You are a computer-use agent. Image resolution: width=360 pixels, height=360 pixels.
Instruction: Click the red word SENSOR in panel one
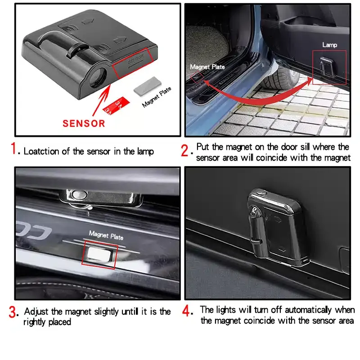[x=84, y=123]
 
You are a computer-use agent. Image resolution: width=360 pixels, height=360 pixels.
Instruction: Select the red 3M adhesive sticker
[x=116, y=106]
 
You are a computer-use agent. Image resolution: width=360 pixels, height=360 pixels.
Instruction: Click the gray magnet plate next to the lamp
[x=148, y=86]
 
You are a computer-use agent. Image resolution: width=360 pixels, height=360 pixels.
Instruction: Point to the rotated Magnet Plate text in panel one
[x=157, y=97]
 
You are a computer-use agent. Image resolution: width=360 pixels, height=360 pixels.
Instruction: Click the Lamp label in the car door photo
[x=329, y=45]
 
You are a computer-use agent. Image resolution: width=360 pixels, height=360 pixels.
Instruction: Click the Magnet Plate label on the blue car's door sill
[x=207, y=67]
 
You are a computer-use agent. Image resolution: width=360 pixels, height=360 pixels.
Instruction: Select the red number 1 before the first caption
[x=13, y=148]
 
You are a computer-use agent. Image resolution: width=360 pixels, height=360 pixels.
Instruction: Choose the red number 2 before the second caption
[x=184, y=151]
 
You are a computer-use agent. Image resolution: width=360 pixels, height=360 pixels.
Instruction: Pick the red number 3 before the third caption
[x=13, y=312]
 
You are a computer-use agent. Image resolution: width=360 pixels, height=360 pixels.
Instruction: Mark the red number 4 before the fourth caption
[x=186, y=310]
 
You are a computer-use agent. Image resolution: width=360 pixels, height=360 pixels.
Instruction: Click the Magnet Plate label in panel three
[x=106, y=235]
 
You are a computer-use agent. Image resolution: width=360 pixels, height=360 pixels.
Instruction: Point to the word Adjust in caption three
[x=36, y=312]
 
